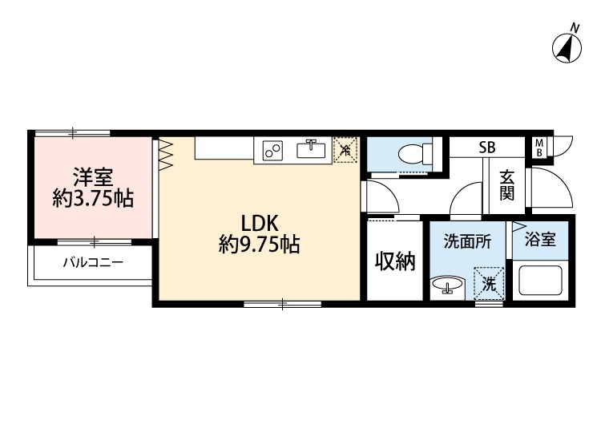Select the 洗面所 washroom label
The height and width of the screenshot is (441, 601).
point(462,241)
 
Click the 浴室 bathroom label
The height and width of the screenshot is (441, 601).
point(541,240)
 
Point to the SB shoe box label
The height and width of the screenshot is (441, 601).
point(486,148)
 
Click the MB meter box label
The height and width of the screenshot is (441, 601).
point(539,148)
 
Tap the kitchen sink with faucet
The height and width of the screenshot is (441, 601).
point(310,150)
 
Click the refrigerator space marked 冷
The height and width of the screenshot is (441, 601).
point(345,150)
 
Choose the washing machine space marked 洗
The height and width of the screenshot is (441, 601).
point(489,282)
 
